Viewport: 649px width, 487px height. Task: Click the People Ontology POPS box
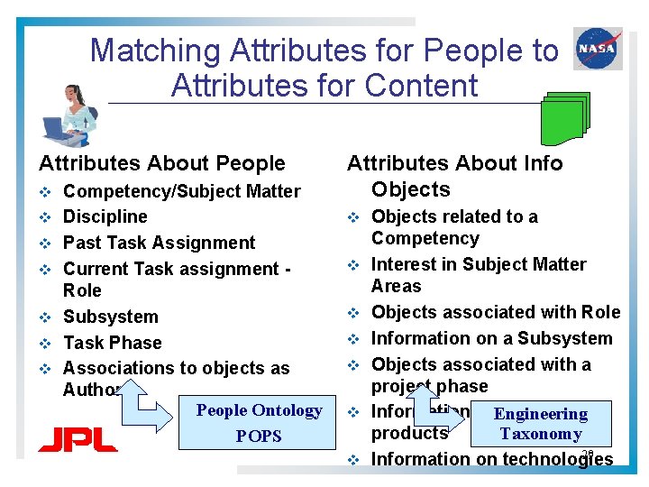259,423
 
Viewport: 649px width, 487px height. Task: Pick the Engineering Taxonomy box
540,424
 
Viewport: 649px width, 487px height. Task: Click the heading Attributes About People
162,163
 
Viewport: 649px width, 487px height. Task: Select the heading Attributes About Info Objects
454,176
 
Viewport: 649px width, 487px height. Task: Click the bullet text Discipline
105,216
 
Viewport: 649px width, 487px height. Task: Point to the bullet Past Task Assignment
160,243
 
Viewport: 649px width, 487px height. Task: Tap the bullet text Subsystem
111,317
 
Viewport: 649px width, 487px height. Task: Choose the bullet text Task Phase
113,343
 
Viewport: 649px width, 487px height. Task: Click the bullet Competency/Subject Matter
181,191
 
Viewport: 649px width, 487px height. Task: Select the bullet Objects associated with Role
496,312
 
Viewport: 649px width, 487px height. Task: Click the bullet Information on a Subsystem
491,338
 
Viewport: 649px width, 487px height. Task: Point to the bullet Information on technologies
491,459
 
